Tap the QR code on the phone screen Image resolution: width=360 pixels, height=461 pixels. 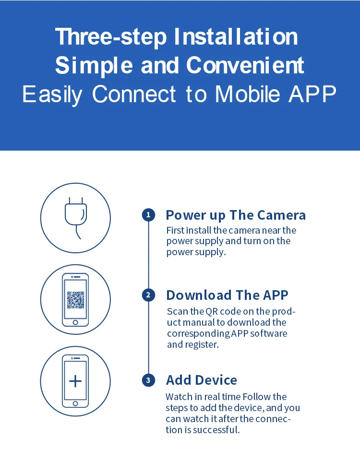(x=75, y=300)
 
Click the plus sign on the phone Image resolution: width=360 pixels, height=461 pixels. (x=75, y=381)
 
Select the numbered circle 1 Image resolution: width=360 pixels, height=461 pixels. (x=148, y=215)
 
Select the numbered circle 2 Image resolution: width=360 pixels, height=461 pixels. (x=148, y=295)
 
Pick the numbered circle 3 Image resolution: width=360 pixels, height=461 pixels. (x=148, y=380)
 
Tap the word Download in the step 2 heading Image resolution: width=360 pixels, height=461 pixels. (x=199, y=295)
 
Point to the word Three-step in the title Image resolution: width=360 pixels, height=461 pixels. (x=111, y=37)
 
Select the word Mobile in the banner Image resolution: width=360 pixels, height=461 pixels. (x=247, y=94)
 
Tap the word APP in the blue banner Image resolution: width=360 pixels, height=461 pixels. (x=312, y=94)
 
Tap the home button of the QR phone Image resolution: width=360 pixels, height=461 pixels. (x=75, y=322)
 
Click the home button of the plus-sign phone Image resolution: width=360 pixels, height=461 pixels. (x=75, y=403)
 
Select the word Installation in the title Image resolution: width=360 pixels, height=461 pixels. (x=236, y=37)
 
